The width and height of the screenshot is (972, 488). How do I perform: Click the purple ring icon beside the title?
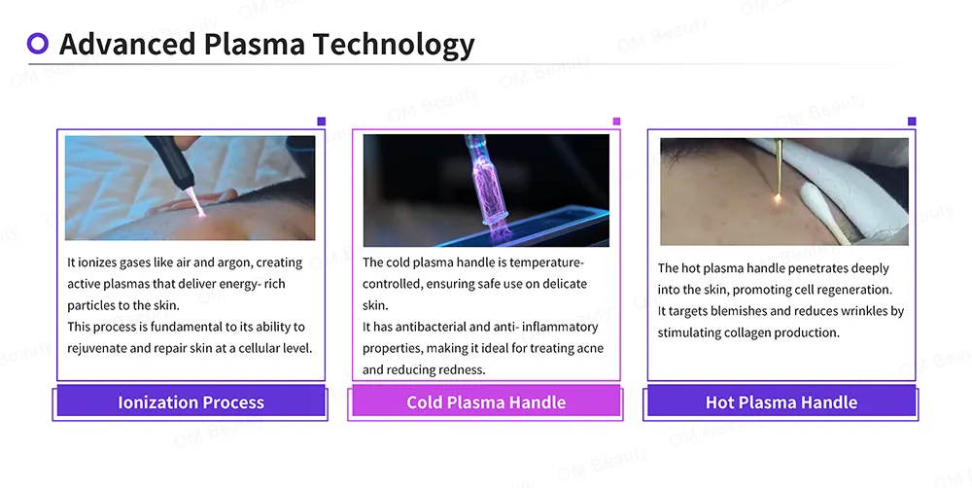38,43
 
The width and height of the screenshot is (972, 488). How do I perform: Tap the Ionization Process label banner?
191,401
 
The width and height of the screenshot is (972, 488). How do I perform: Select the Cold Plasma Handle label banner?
486,401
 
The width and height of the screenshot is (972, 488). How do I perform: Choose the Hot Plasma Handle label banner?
781,401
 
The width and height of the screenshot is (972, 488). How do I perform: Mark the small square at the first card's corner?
321,122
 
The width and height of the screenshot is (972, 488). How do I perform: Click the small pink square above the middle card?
616,122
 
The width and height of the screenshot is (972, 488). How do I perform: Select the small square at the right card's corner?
912,122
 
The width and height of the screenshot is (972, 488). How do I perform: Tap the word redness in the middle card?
463,369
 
